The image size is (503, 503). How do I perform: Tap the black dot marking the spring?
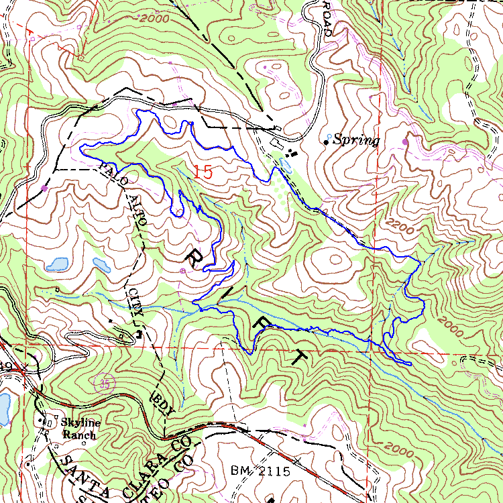pyautogui.click(x=327, y=142)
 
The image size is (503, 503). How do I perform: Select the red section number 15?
pyautogui.click(x=203, y=170)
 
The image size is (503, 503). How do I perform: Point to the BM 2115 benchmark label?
pyautogui.click(x=260, y=471)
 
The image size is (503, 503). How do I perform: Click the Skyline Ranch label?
pyautogui.click(x=80, y=429)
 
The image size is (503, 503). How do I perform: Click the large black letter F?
pyautogui.click(x=258, y=321)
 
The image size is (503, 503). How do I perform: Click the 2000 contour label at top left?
pyautogui.click(x=155, y=19)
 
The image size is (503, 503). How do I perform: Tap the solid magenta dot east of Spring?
pyautogui.click(x=405, y=142)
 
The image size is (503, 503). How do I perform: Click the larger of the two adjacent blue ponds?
pyautogui.click(x=58, y=264)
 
